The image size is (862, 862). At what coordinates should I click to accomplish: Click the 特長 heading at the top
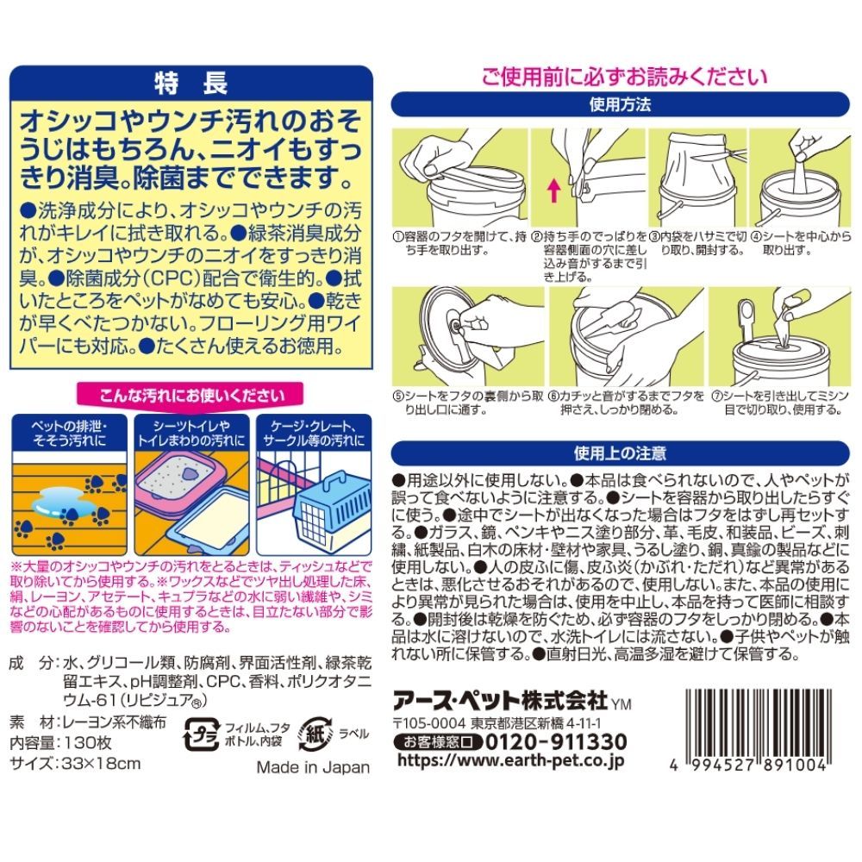(191, 84)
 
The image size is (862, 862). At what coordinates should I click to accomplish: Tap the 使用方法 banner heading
(620, 104)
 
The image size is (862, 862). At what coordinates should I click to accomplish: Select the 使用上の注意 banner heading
(620, 453)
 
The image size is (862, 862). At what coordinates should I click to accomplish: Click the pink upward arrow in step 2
(554, 191)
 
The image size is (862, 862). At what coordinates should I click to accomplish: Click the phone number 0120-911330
(556, 742)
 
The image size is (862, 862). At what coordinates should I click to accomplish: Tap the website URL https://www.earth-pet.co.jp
(510, 761)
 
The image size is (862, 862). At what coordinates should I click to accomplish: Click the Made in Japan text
(313, 767)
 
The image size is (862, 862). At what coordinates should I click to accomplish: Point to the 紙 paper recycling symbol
(315, 734)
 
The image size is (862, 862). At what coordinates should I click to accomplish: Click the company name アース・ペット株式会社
(502, 702)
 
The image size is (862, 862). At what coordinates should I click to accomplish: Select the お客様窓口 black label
(438, 742)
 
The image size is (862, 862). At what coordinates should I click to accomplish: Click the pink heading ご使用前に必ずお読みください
(624, 77)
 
